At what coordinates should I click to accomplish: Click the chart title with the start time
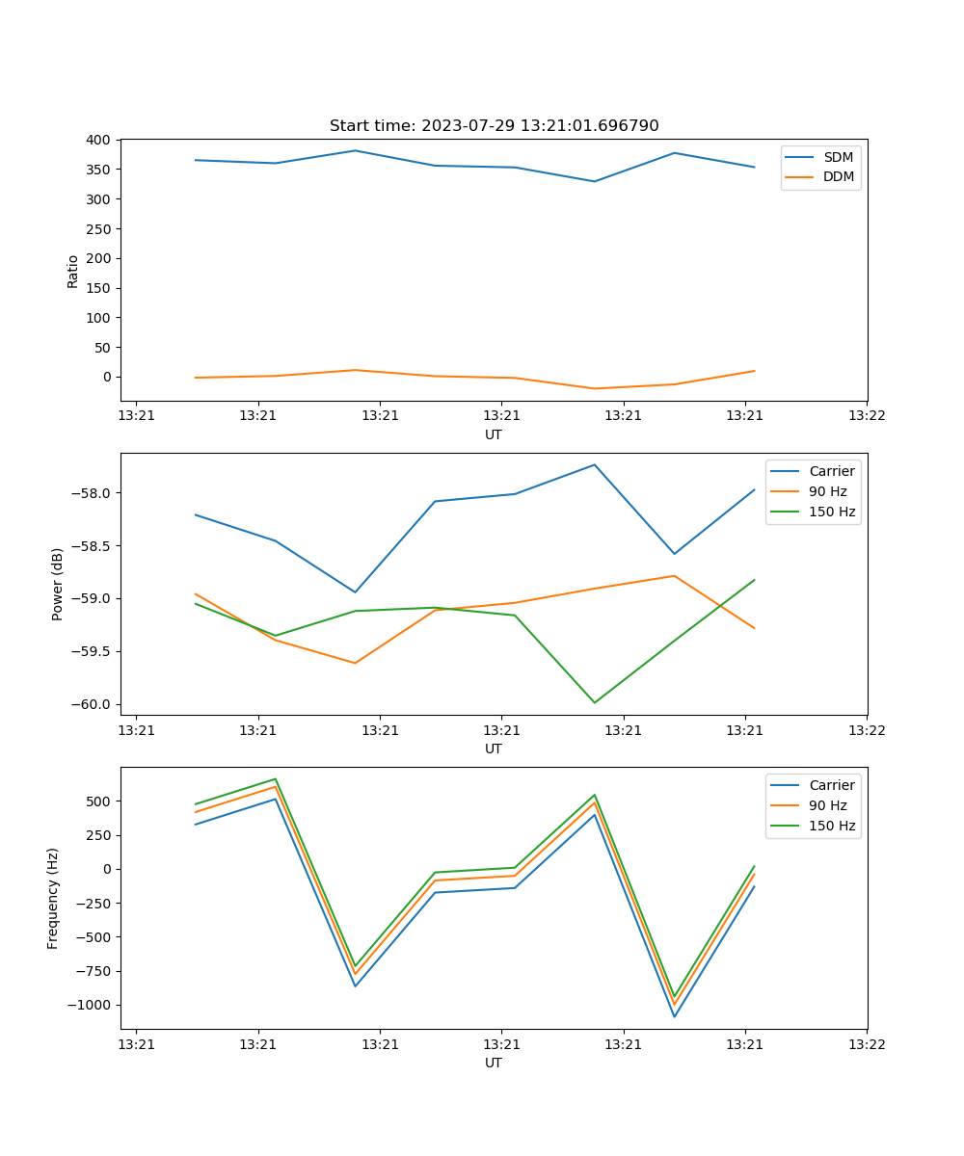[x=494, y=126]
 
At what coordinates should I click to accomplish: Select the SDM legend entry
[x=838, y=157]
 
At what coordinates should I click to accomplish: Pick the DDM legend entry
[x=838, y=176]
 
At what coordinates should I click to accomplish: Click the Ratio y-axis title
[x=73, y=271]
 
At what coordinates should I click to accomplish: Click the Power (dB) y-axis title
[x=58, y=584]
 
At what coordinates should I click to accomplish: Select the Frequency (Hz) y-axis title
[x=53, y=898]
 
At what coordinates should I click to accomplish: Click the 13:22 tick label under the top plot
[x=866, y=415]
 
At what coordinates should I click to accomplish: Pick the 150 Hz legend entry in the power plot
[x=832, y=512]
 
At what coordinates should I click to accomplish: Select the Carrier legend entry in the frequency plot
[x=831, y=785]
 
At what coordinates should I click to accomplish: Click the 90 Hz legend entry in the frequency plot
[x=827, y=805]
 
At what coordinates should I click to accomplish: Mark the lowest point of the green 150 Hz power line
[x=594, y=702]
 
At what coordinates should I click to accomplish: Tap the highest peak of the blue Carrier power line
[x=594, y=464]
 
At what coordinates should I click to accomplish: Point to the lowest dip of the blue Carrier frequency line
[x=674, y=1016]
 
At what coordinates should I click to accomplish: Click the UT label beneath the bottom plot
[x=494, y=1063]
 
